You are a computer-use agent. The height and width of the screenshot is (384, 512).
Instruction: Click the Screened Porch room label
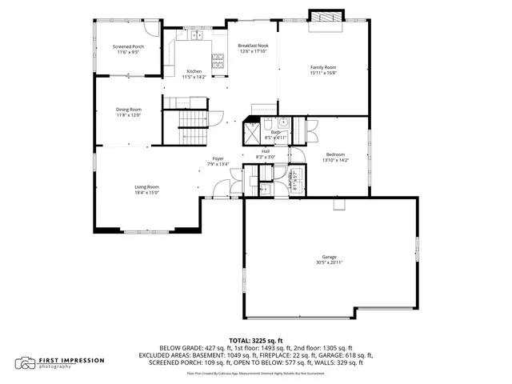tap(128, 47)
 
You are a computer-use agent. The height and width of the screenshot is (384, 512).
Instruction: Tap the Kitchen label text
tap(194, 72)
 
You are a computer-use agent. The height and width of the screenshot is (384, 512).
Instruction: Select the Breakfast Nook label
tap(253, 46)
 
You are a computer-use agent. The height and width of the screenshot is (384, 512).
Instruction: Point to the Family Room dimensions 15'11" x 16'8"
tap(323, 73)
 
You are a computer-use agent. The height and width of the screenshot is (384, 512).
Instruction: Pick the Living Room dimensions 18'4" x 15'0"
tap(146, 192)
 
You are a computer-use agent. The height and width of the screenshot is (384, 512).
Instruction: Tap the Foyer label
tap(218, 158)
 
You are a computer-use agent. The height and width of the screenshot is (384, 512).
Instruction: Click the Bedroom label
tap(335, 154)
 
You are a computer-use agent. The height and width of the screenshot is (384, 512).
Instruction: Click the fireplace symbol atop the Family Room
tap(325, 17)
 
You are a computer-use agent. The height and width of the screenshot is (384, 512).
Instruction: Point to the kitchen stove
tap(218, 61)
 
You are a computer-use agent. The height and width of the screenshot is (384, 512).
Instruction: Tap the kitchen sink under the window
tap(194, 34)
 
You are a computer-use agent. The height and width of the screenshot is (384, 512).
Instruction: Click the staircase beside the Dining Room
tap(192, 119)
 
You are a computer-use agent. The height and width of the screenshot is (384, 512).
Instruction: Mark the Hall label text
tap(265, 151)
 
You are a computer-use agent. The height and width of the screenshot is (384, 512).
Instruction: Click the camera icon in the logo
tap(26, 362)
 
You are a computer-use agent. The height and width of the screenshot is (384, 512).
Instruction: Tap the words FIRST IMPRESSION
tap(72, 360)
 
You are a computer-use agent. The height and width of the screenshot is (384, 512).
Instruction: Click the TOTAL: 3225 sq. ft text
tap(255, 340)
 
